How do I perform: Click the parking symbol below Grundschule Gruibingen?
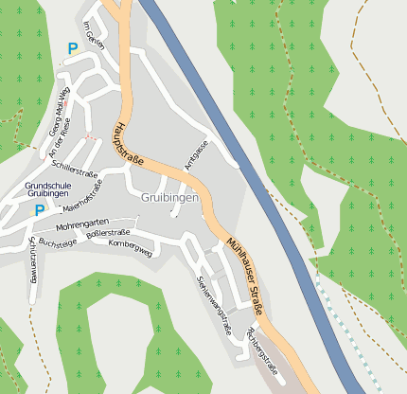[39, 210]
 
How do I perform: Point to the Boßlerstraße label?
[107, 233]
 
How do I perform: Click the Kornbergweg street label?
[130, 253]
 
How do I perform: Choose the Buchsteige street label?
[58, 243]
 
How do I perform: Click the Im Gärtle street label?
[93, 35]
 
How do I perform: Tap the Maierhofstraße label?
[82, 199]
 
